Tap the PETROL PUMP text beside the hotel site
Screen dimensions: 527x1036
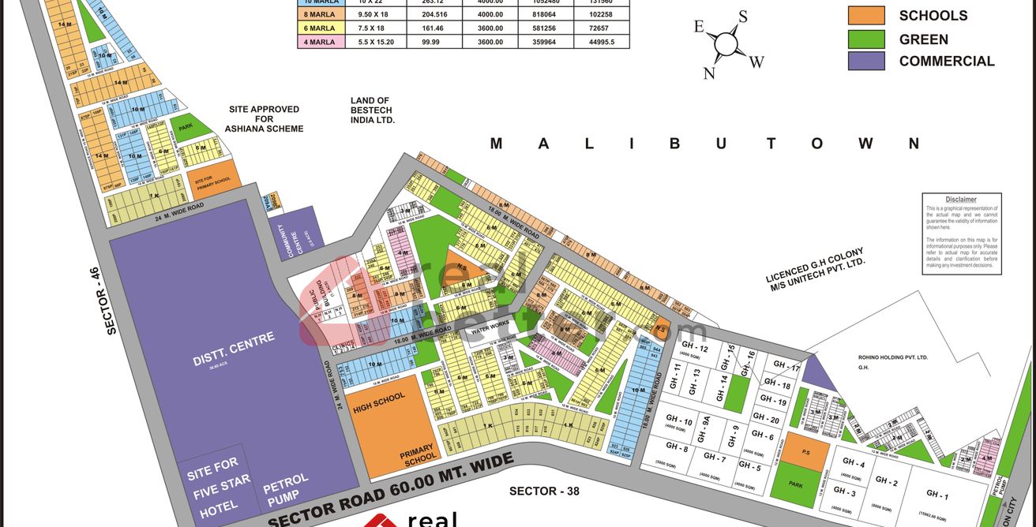[x=285, y=491]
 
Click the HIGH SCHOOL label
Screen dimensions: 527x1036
[x=379, y=402]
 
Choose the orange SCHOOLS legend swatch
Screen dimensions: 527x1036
[x=866, y=16]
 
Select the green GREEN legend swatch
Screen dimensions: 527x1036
[x=866, y=39]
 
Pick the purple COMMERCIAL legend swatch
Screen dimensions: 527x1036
[x=866, y=61]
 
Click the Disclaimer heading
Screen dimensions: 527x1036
[x=961, y=200]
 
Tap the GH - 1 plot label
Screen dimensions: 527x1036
[x=937, y=495]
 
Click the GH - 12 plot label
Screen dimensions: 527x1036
[x=693, y=349]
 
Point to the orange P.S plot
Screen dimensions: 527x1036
[x=805, y=452]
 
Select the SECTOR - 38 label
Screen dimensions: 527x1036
[x=544, y=491]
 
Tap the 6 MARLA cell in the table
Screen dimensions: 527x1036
[x=321, y=28]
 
